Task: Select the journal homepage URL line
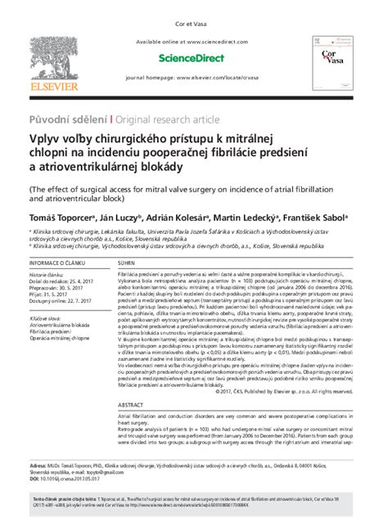click(x=194, y=76)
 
